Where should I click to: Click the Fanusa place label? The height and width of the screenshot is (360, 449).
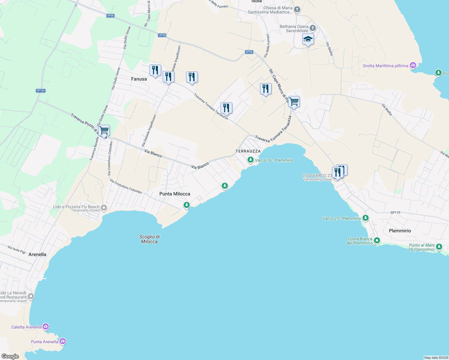click(x=139, y=79)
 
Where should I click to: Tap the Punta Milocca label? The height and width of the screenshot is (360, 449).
click(x=175, y=194)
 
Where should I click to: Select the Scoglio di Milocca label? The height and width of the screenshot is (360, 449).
click(x=149, y=239)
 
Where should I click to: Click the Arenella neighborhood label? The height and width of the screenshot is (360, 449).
click(x=37, y=254)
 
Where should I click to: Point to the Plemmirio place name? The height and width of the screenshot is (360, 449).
click(x=400, y=231)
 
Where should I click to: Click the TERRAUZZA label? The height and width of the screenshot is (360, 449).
click(x=248, y=151)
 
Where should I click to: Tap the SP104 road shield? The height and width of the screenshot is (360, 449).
click(x=41, y=91)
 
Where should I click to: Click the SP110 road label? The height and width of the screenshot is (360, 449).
click(x=395, y=212)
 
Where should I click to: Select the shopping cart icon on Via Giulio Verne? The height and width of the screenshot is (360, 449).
click(x=104, y=131)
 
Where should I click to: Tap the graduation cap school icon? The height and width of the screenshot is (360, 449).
click(x=308, y=39)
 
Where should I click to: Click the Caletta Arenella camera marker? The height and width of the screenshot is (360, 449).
click(x=46, y=327)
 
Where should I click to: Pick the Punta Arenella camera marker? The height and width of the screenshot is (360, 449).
click(x=63, y=341)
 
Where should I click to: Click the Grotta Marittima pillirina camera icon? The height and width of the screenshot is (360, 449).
click(x=413, y=65)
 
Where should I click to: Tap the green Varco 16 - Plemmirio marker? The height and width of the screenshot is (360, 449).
click(x=250, y=160)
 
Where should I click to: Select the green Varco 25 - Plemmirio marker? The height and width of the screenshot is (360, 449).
click(x=365, y=218)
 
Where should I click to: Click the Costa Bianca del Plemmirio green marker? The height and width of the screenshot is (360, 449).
click(x=377, y=241)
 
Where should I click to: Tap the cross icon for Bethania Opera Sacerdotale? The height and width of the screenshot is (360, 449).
click(x=313, y=28)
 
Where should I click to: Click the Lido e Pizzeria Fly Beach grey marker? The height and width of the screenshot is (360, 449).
click(x=104, y=208)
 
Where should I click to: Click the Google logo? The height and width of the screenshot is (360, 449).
click(x=10, y=356)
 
